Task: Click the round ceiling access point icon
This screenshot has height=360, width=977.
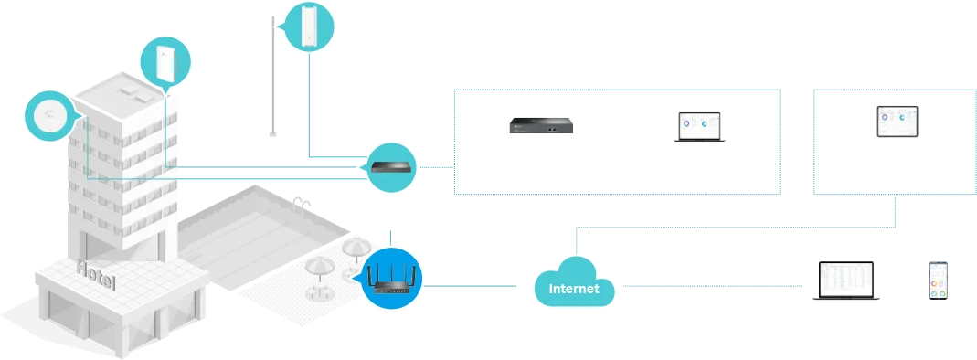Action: [x=48, y=116]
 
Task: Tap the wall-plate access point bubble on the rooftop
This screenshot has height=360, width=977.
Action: [x=165, y=61]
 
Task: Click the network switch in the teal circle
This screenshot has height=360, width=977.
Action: [x=391, y=166]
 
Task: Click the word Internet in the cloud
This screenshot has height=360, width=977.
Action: [x=573, y=290]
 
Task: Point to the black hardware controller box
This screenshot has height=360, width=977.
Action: [x=543, y=128]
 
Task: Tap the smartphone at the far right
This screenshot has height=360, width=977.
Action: [x=939, y=278]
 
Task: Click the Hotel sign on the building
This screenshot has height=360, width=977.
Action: [x=96, y=273]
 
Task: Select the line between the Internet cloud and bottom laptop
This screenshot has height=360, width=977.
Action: [x=713, y=289]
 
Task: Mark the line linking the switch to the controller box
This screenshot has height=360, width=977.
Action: [x=437, y=166]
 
